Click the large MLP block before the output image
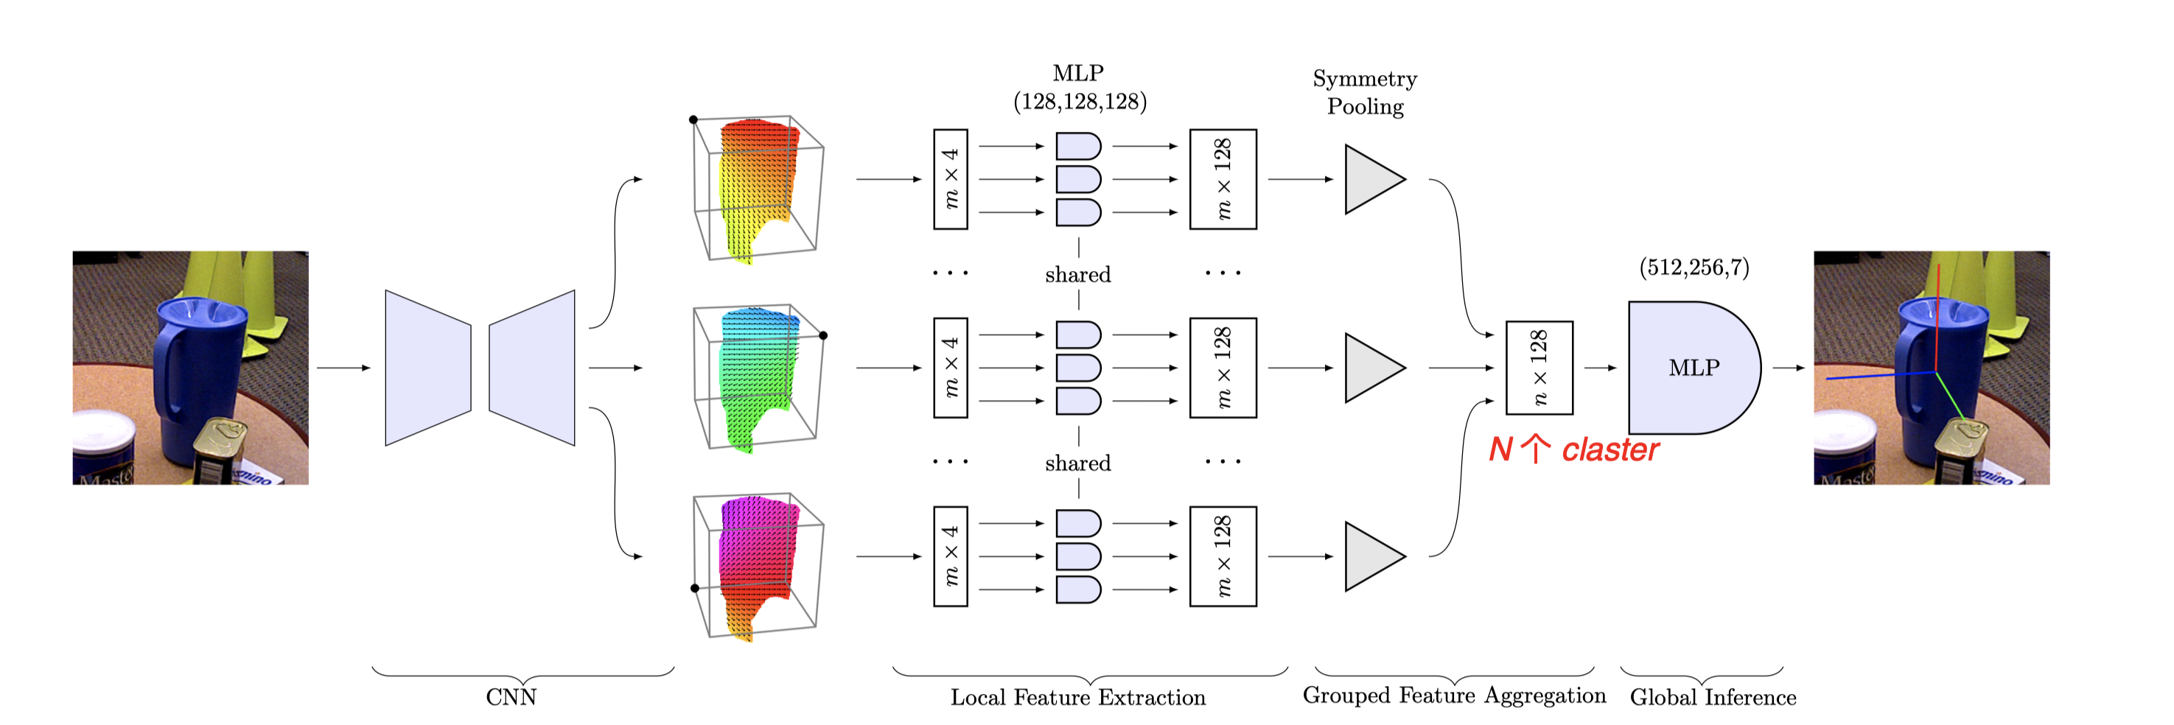1692,368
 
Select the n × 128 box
1539,368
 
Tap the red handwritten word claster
1609,450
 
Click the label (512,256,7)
1694,267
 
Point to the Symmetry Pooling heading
1365,92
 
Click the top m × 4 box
950,179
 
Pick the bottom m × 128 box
1223,556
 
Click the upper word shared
1077,274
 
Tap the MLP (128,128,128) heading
1079,88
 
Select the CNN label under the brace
511,697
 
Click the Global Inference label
1713,697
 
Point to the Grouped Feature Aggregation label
1453,696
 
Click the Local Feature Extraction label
1077,697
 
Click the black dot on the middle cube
823,336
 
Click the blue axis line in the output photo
1873,376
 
